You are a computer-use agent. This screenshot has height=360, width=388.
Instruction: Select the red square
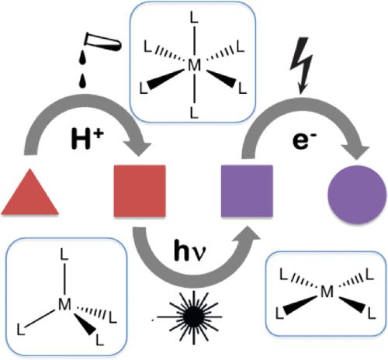tap(140, 191)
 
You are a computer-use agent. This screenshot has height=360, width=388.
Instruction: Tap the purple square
tap(247, 191)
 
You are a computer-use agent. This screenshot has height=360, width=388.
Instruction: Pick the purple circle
tap(357, 195)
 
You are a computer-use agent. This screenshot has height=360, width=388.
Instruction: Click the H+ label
tap(87, 140)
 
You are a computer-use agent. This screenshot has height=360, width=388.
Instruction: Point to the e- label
tap(305, 141)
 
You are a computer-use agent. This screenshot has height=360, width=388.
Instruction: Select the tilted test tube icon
tap(102, 42)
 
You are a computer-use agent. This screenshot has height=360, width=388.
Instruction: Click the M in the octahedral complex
tap(194, 65)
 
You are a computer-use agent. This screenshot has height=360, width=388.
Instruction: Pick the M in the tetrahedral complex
tap(64, 304)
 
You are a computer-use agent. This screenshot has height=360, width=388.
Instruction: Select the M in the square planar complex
tap(327, 292)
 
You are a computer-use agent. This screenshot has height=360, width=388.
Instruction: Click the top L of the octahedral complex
tap(194, 19)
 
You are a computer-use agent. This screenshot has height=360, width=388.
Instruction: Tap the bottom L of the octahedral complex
tap(194, 113)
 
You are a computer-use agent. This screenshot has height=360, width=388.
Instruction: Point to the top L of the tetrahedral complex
tap(64, 254)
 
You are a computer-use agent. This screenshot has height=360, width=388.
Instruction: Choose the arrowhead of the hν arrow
tap(247, 234)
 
